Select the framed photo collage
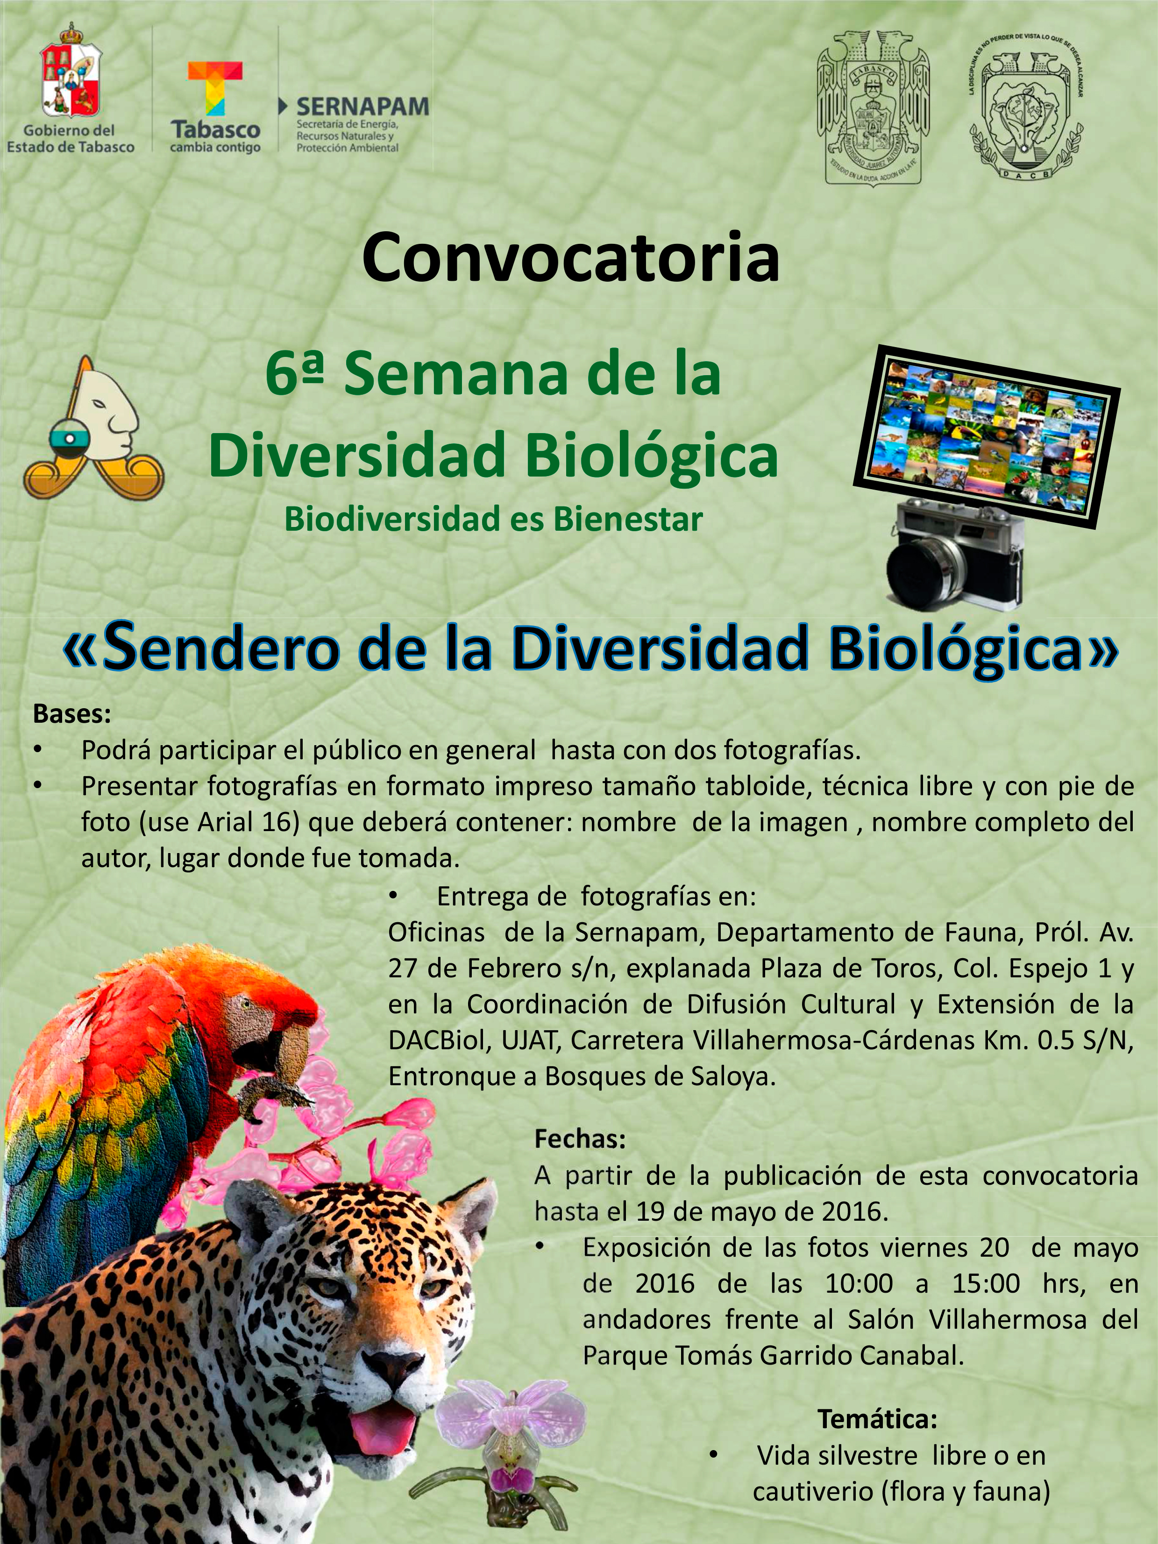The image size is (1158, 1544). tap(986, 435)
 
